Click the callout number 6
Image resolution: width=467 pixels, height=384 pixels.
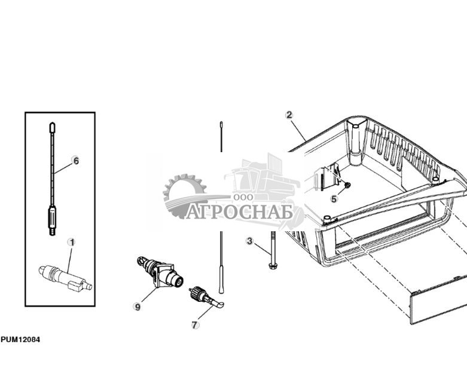tap(75, 161)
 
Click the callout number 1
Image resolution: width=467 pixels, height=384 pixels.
tap(72, 243)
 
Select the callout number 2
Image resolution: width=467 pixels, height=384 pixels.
tap(289, 115)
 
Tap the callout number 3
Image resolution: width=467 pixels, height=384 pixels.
tap(250, 241)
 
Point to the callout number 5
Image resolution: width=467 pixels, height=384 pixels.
tap(334, 199)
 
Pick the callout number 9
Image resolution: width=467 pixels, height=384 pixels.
tap(138, 307)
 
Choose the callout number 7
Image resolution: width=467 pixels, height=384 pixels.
tap(195, 325)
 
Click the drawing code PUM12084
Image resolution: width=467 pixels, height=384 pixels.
tap(20, 340)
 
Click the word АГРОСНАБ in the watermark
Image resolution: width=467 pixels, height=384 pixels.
tap(239, 212)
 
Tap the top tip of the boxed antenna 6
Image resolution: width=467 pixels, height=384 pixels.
tap(52, 128)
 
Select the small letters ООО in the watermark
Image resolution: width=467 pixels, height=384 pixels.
tap(243, 196)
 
